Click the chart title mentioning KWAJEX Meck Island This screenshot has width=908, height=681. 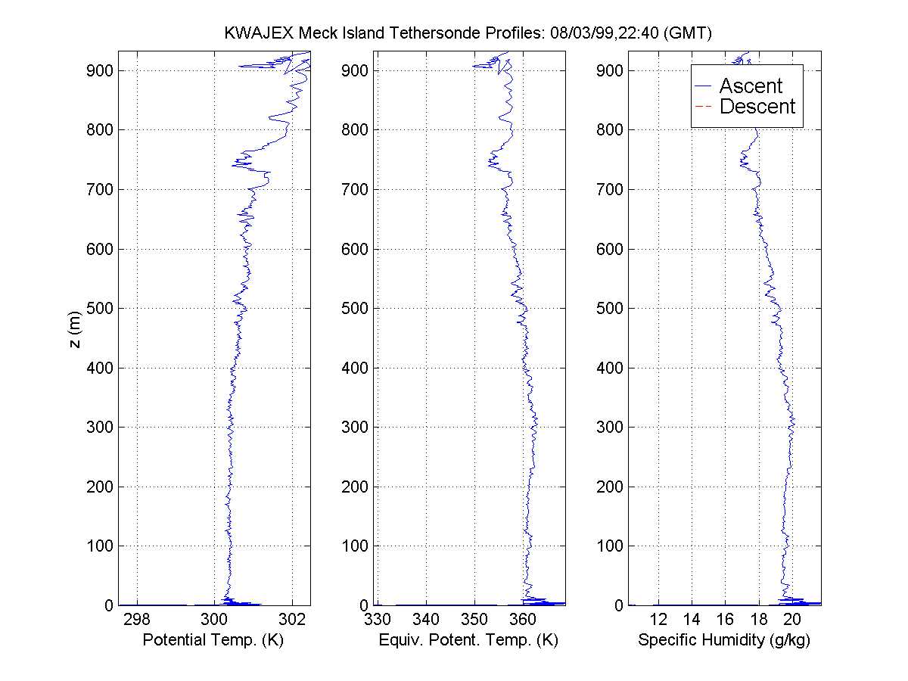click(469, 33)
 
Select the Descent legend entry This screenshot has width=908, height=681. click(757, 107)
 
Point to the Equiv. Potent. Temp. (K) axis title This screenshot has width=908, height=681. click(468, 640)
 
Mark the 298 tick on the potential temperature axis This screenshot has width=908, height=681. click(137, 620)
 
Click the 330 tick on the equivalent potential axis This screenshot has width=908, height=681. click(378, 620)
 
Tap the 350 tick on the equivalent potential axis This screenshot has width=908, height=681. click(474, 620)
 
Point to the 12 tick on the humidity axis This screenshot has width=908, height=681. click(658, 620)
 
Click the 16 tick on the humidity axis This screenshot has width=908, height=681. click(725, 620)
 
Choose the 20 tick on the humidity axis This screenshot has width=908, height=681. click(791, 620)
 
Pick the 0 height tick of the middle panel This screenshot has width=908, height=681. click(362, 605)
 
